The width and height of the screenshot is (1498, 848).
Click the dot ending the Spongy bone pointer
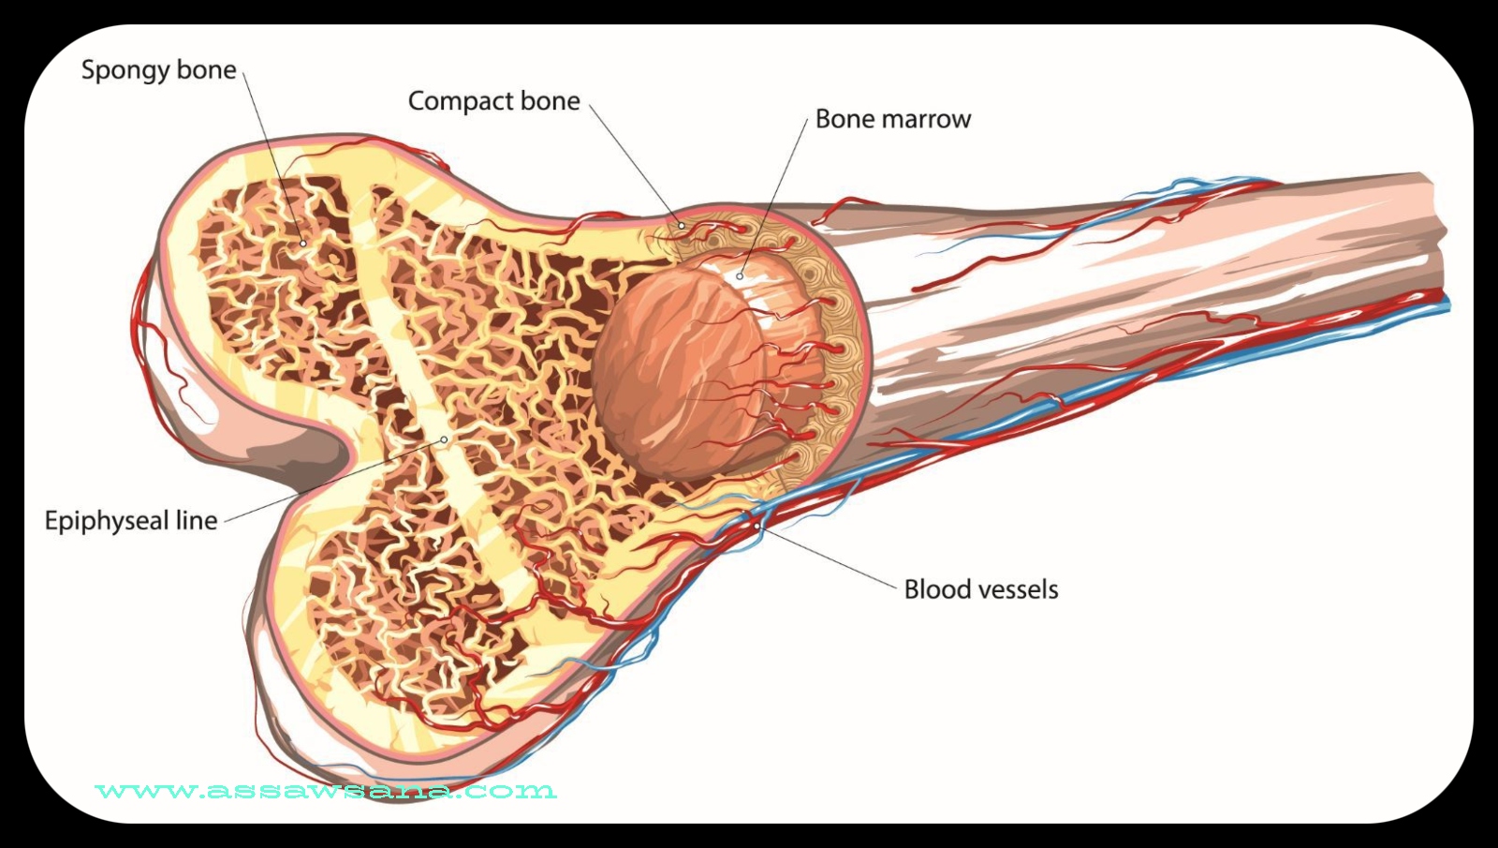pyautogui.click(x=302, y=244)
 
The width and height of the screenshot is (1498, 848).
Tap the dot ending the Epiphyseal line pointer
pyautogui.click(x=444, y=439)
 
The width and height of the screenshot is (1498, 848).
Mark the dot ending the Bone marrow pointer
pyautogui.click(x=740, y=276)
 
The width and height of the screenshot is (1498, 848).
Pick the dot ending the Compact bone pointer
pyautogui.click(x=682, y=226)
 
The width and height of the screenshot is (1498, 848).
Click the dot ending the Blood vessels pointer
pyautogui.click(x=756, y=527)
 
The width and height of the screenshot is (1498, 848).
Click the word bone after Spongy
pyautogui.click(x=208, y=71)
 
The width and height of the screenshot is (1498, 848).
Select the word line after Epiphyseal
pyautogui.click(x=197, y=521)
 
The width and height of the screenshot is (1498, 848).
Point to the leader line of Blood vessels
pyautogui.click(x=829, y=558)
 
